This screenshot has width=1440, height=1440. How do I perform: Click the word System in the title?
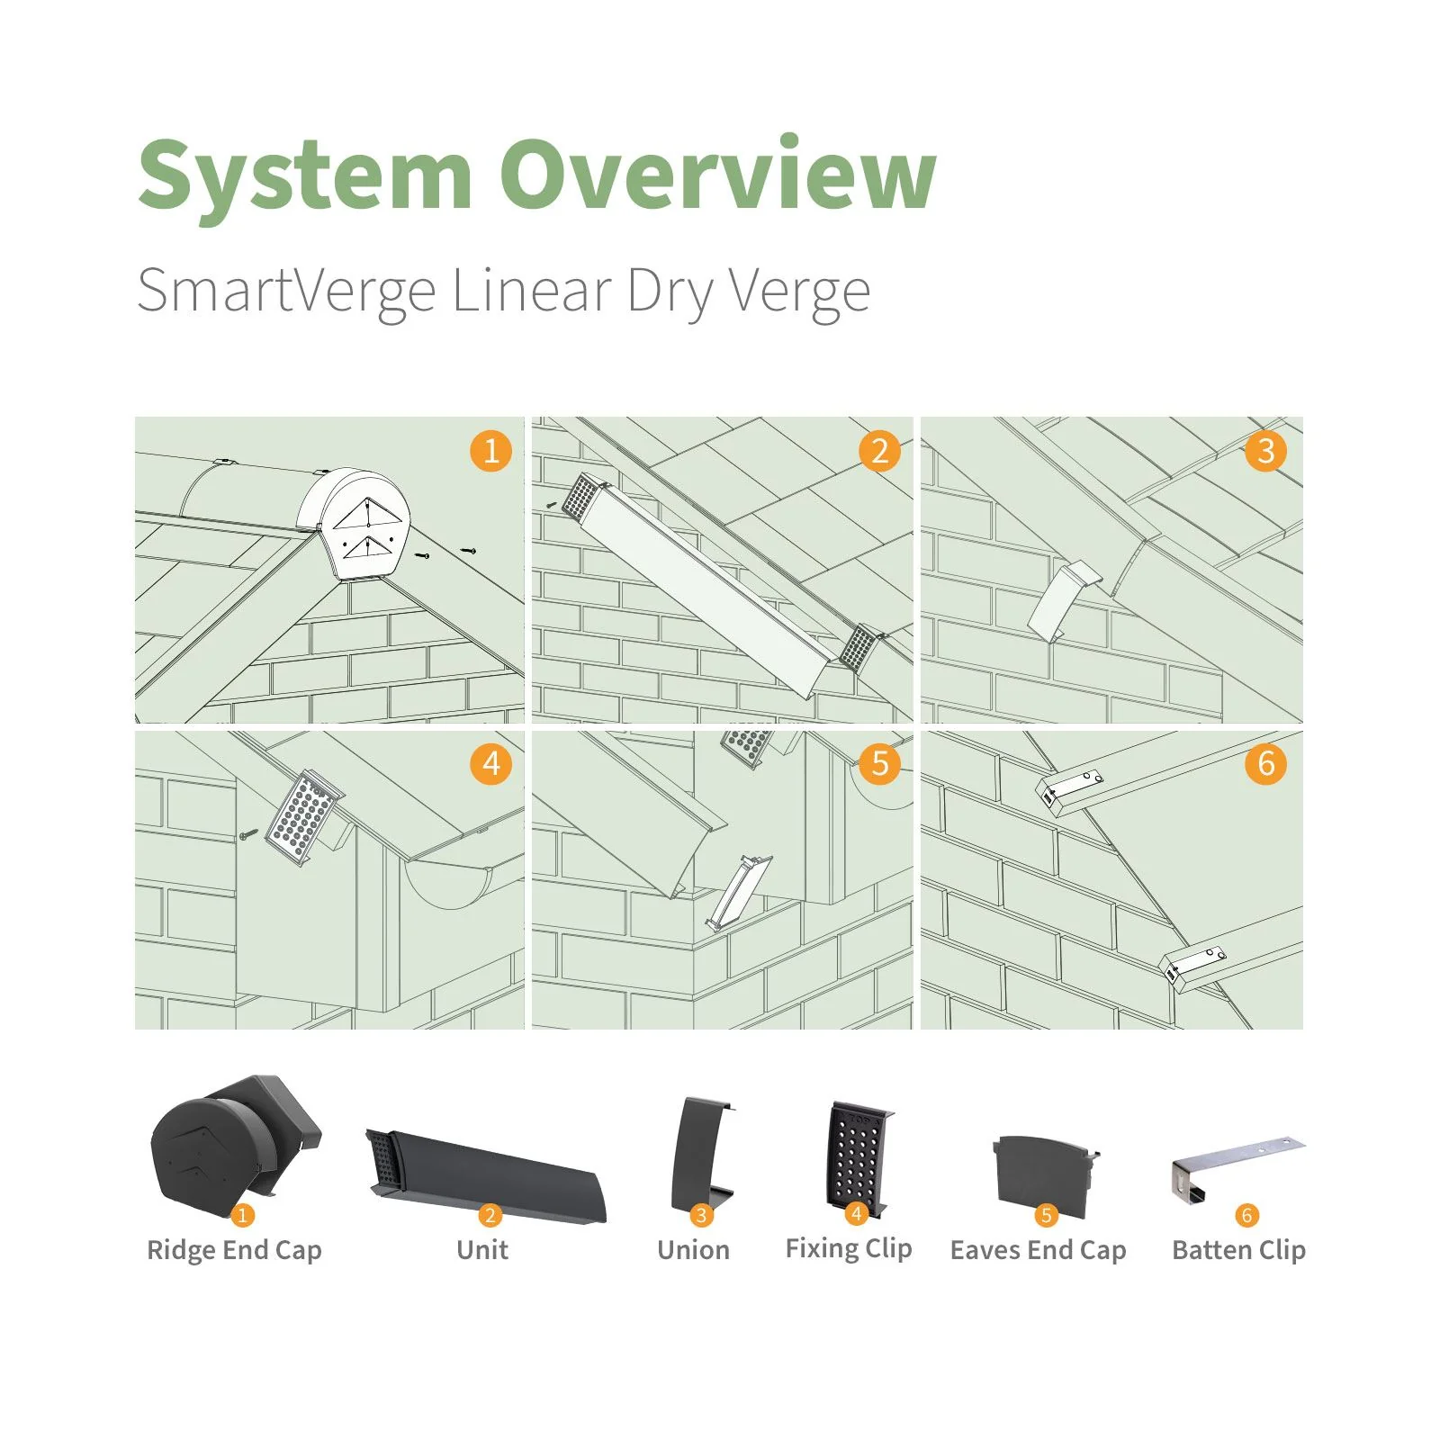305,175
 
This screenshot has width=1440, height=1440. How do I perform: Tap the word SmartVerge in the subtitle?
286,292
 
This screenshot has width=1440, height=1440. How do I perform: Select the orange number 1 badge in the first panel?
490,450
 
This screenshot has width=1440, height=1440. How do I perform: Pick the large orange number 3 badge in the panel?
1265,450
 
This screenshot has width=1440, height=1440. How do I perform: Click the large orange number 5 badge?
879,763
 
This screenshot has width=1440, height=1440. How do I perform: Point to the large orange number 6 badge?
1265,763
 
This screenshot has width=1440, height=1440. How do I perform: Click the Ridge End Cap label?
234,1250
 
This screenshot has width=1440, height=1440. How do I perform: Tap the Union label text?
693,1250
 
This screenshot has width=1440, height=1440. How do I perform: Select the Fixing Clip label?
848,1248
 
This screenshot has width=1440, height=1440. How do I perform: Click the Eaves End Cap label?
1038,1250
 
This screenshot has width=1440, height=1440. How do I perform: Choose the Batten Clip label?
1238,1250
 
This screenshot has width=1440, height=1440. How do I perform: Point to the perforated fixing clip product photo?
859,1156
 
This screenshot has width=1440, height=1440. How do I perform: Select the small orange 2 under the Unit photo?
490,1215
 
